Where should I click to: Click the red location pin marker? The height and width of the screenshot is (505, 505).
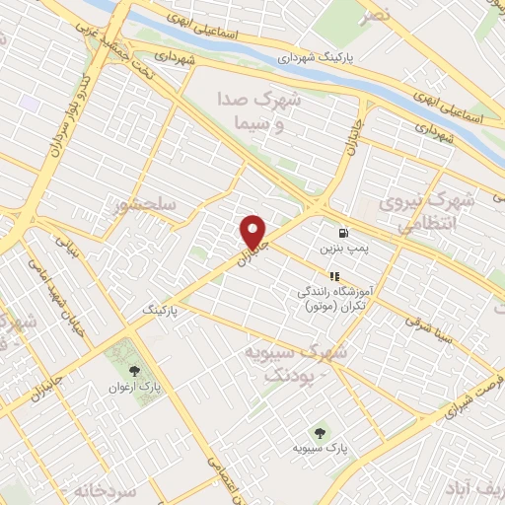point(254,233)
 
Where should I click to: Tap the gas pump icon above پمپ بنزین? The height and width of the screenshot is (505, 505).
point(343,234)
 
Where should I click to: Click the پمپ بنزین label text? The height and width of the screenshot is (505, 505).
point(344,251)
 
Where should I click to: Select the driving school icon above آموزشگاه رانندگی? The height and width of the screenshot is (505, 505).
point(334,276)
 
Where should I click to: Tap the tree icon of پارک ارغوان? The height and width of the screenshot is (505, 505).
point(134,372)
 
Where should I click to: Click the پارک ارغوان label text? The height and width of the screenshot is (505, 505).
point(133,388)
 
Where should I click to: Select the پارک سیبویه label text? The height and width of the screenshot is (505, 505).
point(318,448)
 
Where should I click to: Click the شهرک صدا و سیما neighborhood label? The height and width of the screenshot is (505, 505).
point(258,111)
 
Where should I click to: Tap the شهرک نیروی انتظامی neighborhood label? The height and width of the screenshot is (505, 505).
point(435,212)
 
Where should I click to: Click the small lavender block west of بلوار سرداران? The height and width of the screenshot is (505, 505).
point(29,102)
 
